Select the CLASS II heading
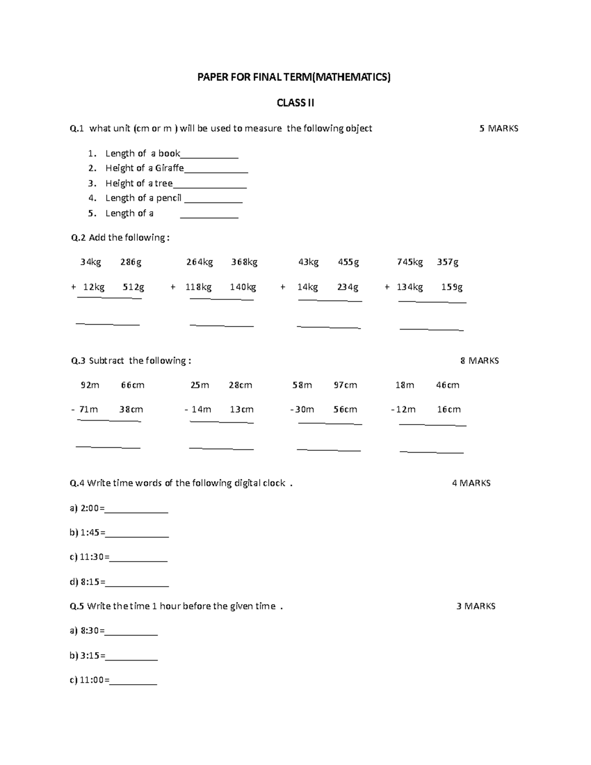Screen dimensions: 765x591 click(x=295, y=103)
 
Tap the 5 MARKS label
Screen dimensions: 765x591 click(x=498, y=129)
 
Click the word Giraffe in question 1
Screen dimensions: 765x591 click(x=169, y=168)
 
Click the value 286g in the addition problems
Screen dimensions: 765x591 click(x=131, y=262)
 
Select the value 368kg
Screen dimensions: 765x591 click(x=244, y=262)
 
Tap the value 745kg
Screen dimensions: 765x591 click(x=410, y=262)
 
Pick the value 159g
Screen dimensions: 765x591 click(x=452, y=287)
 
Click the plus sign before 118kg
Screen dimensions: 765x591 click(x=173, y=287)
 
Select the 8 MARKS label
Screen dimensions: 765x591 click(x=479, y=361)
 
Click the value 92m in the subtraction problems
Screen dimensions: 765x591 click(x=90, y=385)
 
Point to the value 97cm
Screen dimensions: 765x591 click(x=345, y=385)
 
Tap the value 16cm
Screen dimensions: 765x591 click(x=449, y=409)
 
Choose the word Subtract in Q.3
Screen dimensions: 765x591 click(x=106, y=361)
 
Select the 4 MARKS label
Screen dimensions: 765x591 click(x=471, y=483)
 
